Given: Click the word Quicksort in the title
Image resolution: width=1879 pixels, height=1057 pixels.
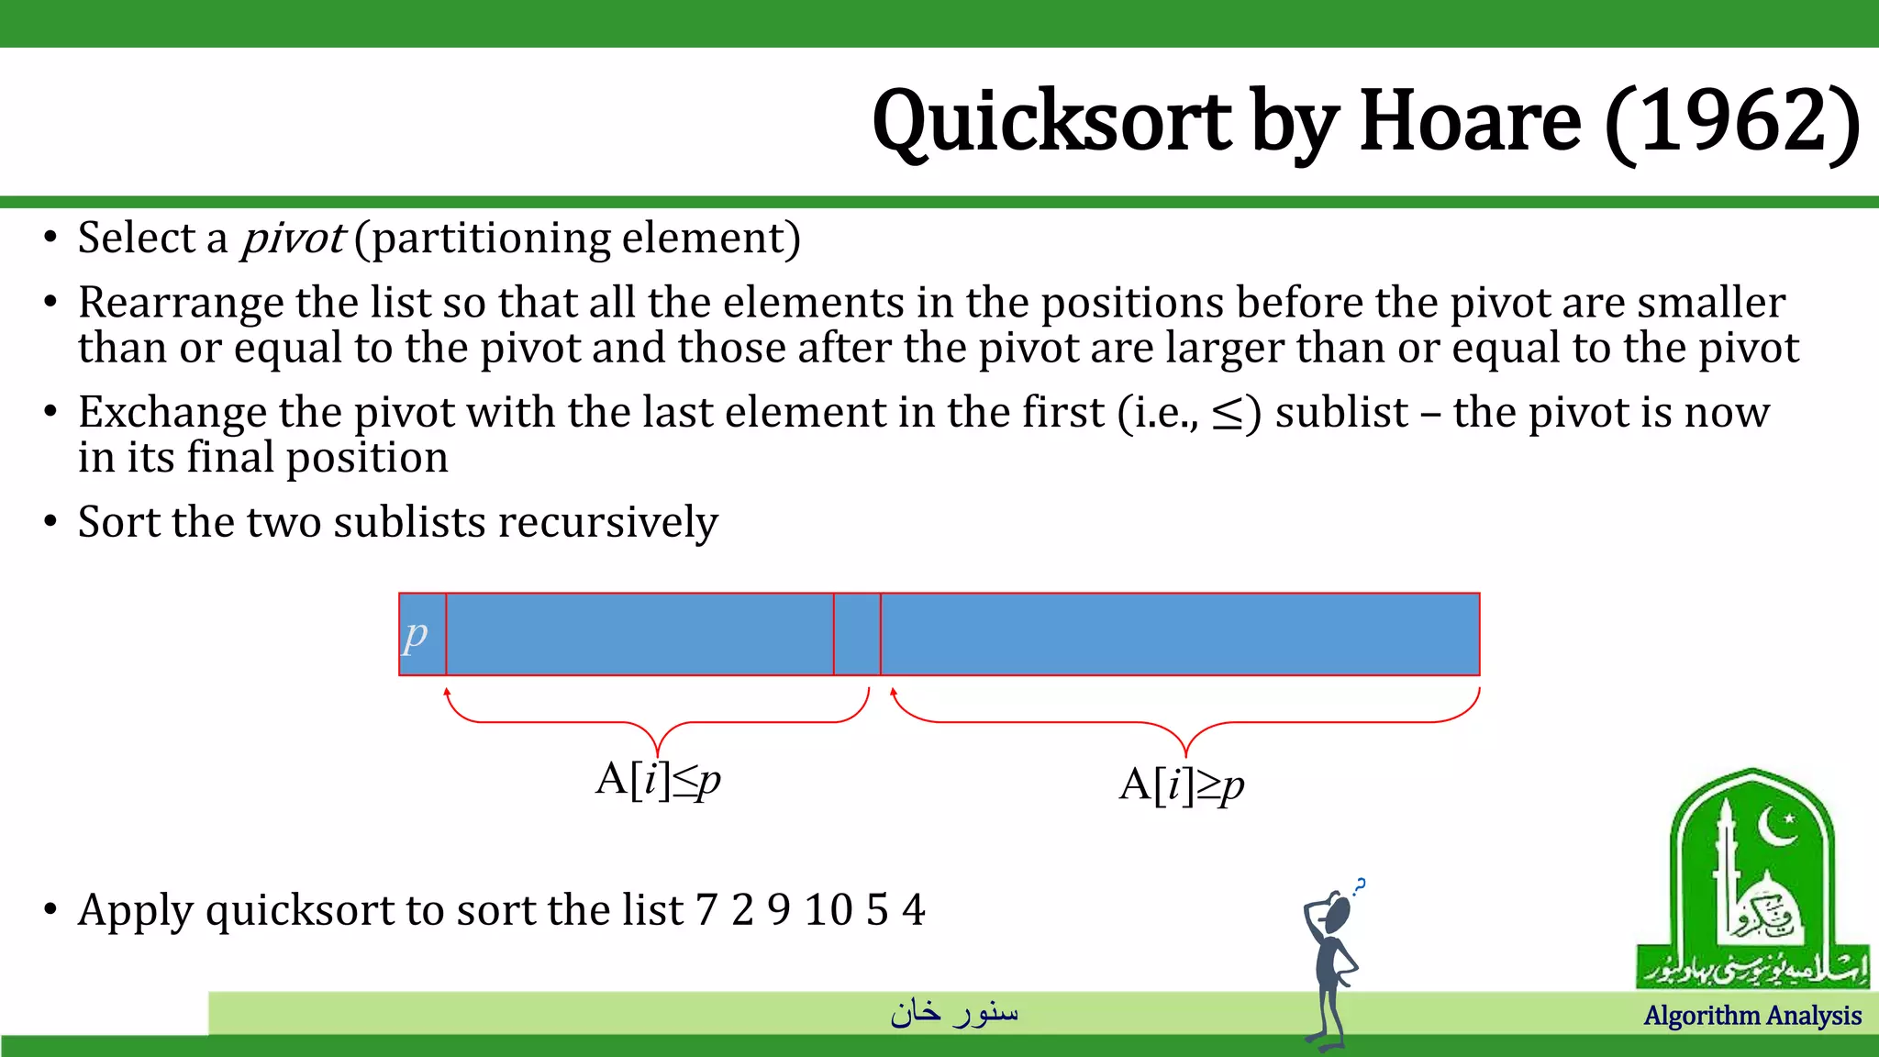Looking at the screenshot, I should point(1051,122).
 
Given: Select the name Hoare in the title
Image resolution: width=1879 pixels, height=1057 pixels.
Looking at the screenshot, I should point(1470,122).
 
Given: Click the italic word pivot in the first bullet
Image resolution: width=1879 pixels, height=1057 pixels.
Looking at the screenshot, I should point(292,239).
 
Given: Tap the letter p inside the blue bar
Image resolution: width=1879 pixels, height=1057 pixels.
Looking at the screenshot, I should point(416,634).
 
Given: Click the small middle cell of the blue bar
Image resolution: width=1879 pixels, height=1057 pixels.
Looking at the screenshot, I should point(857,634).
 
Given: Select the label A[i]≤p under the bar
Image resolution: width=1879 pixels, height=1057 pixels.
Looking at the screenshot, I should point(658,781).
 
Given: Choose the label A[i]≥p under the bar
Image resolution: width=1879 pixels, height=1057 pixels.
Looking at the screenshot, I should point(1182,785).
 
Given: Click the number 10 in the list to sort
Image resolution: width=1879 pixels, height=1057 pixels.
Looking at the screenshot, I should point(828,910).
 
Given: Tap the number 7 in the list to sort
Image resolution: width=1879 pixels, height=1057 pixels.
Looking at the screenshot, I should point(706,910).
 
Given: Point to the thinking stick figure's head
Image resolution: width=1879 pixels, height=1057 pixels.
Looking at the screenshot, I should point(1338,913).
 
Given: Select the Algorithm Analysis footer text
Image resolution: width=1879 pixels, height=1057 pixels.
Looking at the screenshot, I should point(1752,1016).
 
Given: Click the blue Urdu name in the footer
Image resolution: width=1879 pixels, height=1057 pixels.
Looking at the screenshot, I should point(954,1012).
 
